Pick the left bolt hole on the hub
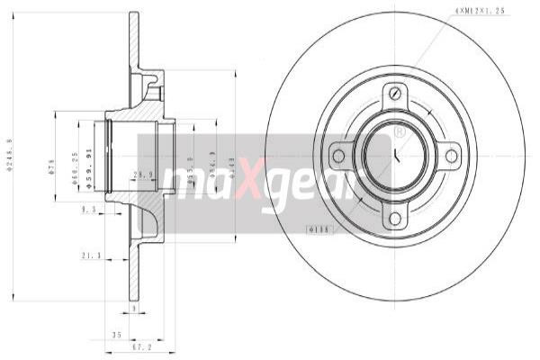click(338, 156)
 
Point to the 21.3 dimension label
click(90, 255)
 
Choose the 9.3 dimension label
click(87, 209)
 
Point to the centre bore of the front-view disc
click(394, 156)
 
